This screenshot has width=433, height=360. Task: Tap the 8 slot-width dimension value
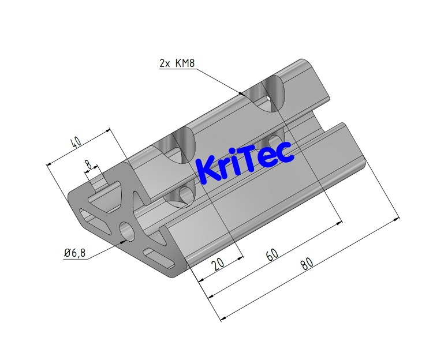(x=88, y=166)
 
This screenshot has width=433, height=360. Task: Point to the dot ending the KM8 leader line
(x=240, y=92)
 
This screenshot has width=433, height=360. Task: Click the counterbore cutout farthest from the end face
(x=268, y=95)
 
